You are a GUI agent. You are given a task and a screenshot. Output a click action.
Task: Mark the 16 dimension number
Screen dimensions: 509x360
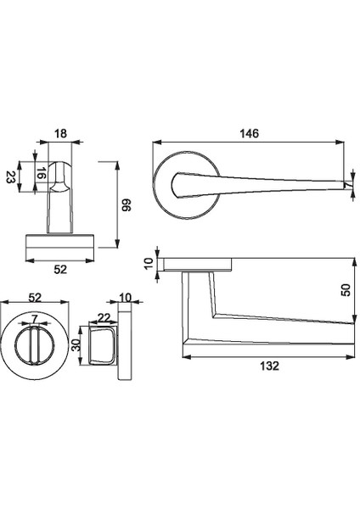39,176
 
